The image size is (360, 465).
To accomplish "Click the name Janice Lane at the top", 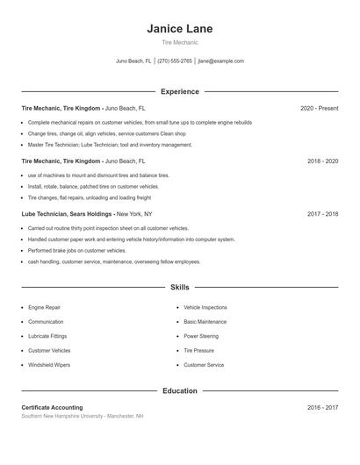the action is pos(179,29).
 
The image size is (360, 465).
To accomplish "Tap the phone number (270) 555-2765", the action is pos(176,61).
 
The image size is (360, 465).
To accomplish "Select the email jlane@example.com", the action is pos(221,61).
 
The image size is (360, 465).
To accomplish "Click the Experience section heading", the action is pos(179,91).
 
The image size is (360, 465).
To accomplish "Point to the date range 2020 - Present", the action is pos(319,108).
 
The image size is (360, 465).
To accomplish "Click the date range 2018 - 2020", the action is pos(322,161).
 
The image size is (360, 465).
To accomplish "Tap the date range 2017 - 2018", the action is pos(322,213).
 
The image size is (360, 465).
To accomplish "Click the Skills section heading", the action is pos(179,287).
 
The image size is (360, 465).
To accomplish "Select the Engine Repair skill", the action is pos(44,308).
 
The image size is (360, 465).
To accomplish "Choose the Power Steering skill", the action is pos(201,336).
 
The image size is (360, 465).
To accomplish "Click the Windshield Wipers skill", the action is pos(49,364).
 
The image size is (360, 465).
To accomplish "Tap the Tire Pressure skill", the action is pos(199,350).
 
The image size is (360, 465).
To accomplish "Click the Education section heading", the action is pos(179,390).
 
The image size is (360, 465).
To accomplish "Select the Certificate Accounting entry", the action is pos(52,407).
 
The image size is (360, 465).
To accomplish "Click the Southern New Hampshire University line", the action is pos(82,416).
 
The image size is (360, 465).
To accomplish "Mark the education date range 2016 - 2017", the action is pos(322,407).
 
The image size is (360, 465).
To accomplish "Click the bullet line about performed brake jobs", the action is pos(76,250).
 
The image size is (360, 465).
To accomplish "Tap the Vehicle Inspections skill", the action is pos(205,308).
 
